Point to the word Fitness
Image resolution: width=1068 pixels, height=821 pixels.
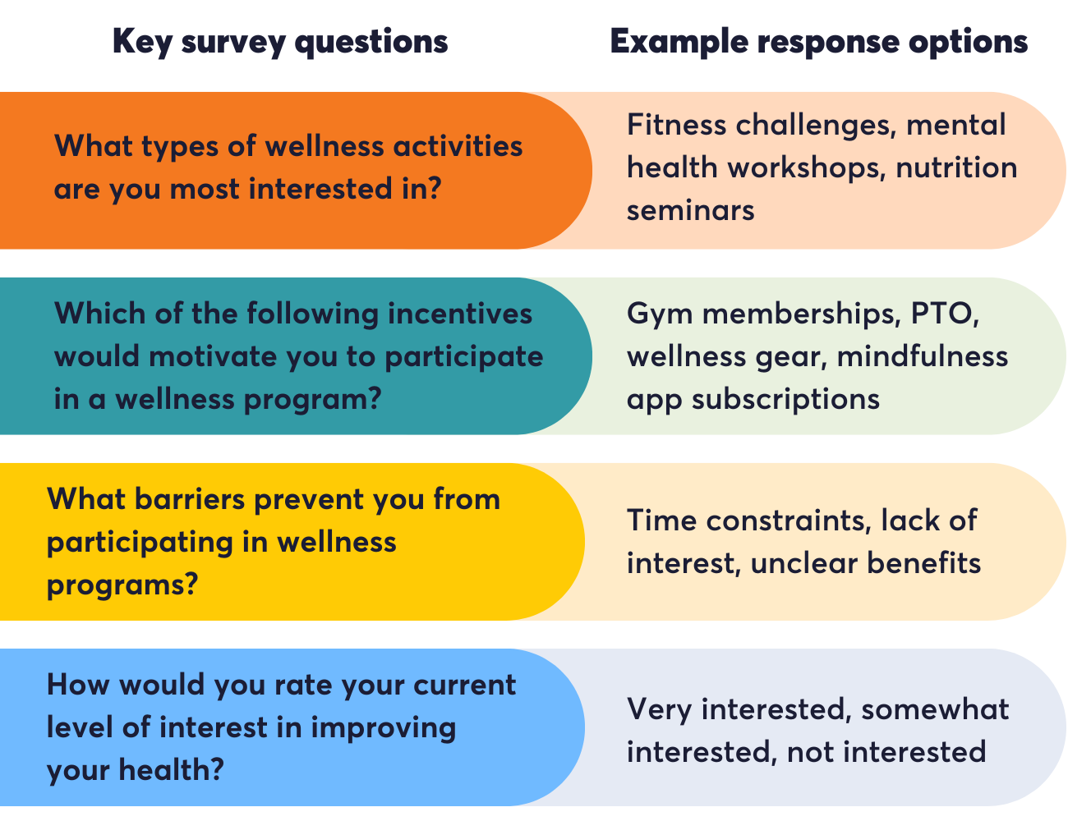pyautogui.click(x=676, y=126)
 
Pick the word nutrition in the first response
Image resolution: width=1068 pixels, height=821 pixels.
pyautogui.click(x=955, y=167)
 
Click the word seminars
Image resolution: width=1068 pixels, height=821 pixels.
pyautogui.click(x=690, y=210)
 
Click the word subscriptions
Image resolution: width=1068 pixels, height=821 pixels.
pyautogui.click(x=785, y=399)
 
